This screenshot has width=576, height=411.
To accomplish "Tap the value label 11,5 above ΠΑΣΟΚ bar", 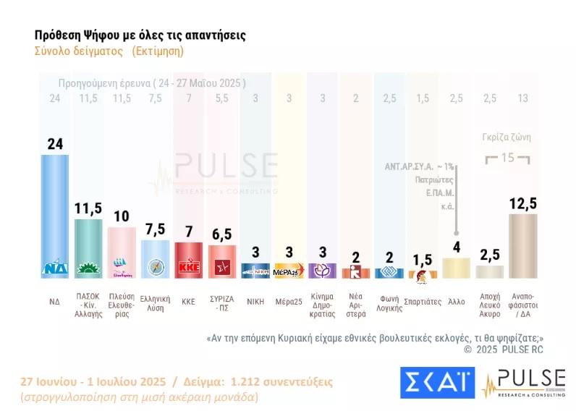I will coord(88,208).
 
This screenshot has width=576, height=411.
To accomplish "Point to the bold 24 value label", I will coord(54,144).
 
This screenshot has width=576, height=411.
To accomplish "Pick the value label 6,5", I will coord(222,234).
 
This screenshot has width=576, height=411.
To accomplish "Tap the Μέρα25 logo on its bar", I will coord(289,271).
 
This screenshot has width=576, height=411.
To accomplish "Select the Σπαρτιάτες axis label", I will coord(423,302).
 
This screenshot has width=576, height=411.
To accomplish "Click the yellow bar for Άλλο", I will coord(456,268).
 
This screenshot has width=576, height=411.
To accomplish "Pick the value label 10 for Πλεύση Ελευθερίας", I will coord(122,216).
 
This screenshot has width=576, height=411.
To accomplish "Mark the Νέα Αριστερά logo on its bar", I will coord(355,273).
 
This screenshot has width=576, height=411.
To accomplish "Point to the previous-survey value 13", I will coord(522,98).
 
